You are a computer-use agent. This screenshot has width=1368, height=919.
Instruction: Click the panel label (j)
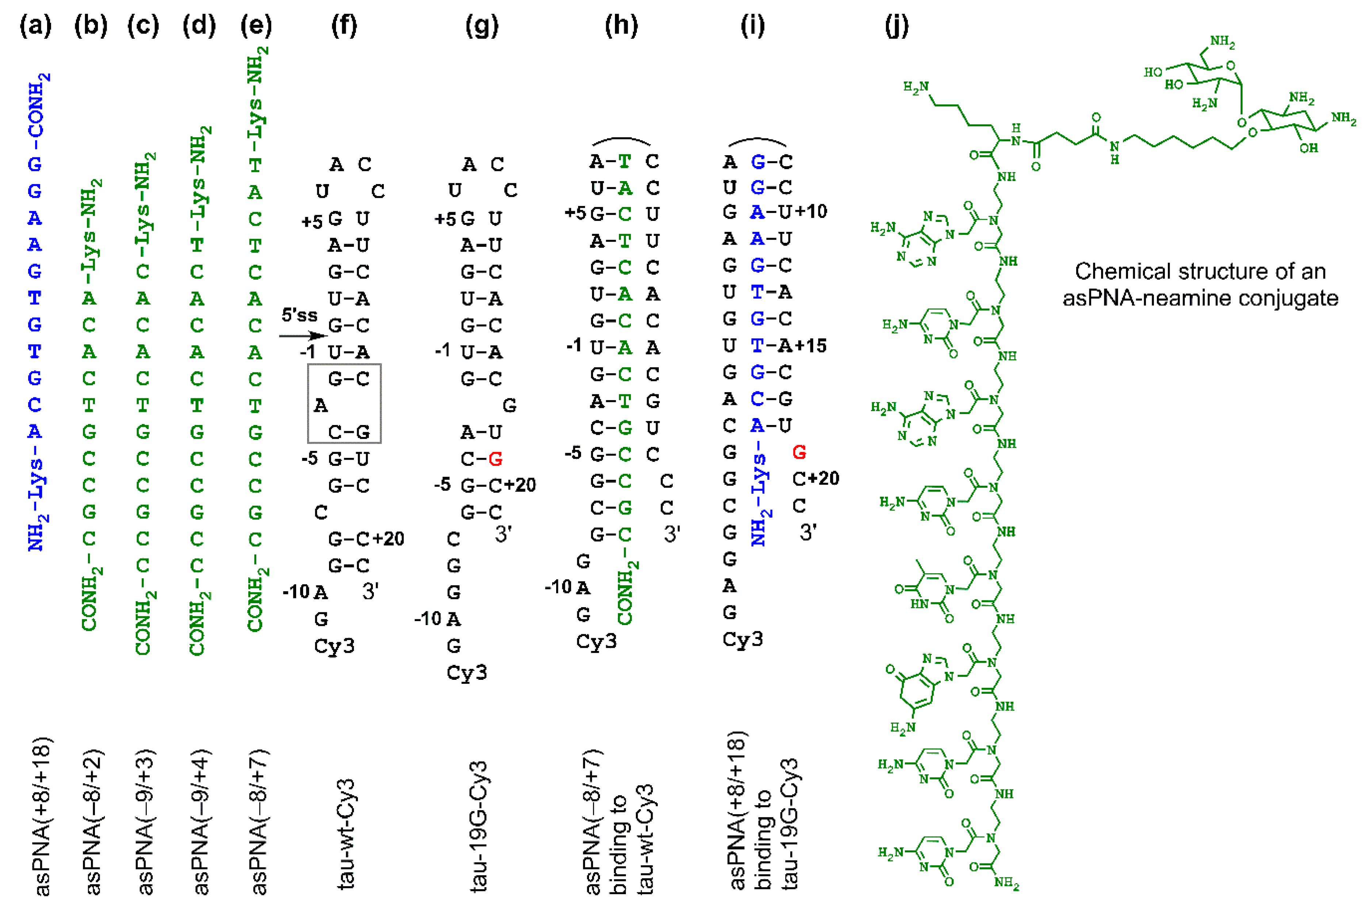tap(896, 26)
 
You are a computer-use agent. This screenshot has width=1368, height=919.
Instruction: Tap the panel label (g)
tap(482, 26)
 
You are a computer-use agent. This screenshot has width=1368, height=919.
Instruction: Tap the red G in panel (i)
tap(799, 452)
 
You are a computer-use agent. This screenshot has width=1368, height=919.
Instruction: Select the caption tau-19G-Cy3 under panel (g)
tap(479, 826)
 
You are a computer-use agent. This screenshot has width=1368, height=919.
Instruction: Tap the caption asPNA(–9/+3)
tap(144, 822)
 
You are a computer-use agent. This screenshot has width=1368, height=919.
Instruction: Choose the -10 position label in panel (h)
tap(559, 587)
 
